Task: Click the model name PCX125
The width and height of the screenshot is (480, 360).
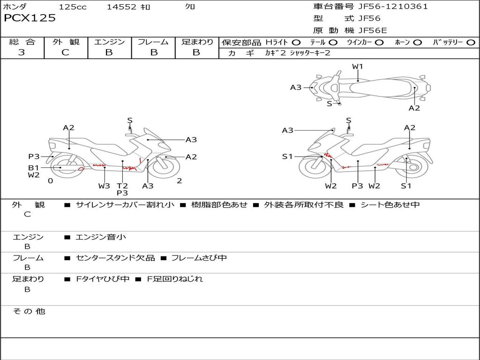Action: click(x=30, y=18)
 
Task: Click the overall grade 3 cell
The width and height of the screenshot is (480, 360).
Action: click(x=22, y=52)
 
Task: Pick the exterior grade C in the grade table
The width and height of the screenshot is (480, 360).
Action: click(x=66, y=52)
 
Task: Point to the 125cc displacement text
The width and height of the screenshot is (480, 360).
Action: click(x=73, y=7)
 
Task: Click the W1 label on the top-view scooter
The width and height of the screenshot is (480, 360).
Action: click(x=358, y=67)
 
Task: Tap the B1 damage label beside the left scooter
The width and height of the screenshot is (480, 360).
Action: click(x=33, y=167)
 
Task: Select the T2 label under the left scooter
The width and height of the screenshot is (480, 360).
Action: click(x=122, y=186)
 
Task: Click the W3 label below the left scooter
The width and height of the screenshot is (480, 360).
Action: click(x=104, y=186)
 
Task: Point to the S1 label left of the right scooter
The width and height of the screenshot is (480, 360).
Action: click(x=287, y=157)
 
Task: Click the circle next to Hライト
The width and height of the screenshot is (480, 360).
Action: click(x=296, y=43)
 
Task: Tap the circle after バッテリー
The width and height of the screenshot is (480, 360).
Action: click(x=471, y=43)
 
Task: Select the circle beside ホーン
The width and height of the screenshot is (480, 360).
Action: click(x=417, y=43)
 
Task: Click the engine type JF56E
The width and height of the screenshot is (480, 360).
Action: click(x=373, y=30)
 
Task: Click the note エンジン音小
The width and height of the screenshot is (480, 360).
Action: click(x=101, y=237)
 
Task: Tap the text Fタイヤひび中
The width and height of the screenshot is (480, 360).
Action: click(x=103, y=279)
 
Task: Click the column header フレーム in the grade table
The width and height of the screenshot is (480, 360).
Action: click(x=153, y=42)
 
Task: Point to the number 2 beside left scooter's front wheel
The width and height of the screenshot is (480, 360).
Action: click(x=179, y=181)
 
